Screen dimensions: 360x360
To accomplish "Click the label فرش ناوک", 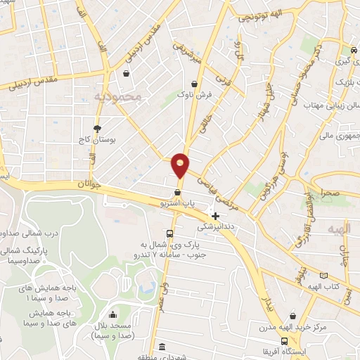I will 194,94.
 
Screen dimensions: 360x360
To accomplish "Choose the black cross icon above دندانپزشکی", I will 215,216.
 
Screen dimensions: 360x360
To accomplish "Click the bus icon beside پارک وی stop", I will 169,234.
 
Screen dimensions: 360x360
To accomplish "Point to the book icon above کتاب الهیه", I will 324,276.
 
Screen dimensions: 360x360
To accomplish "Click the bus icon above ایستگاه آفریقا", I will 283,341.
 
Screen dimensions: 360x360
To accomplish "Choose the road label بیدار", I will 266,303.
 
